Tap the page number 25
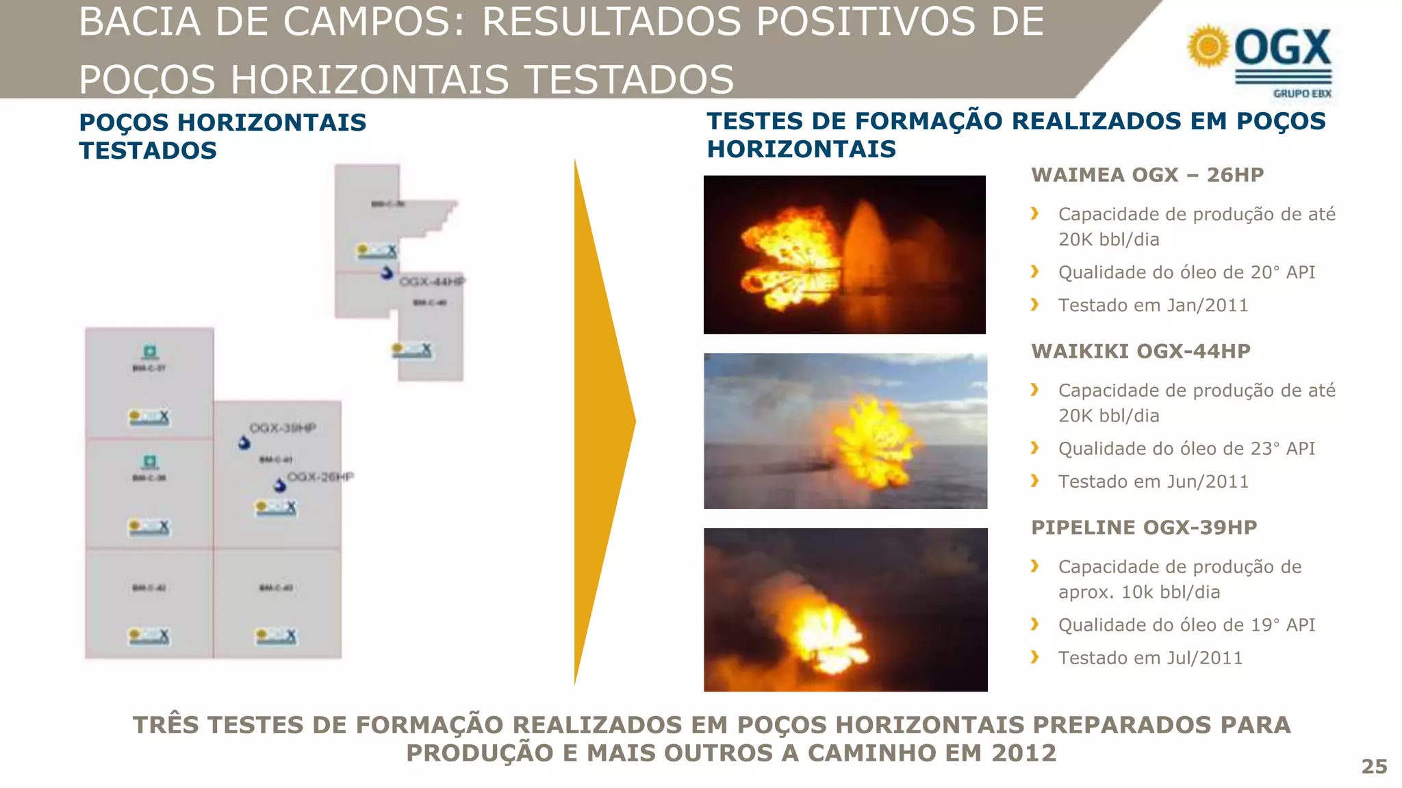(x=1374, y=766)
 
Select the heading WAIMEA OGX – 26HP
(x=1147, y=175)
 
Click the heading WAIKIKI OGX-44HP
(x=1140, y=352)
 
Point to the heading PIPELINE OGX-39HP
(x=1144, y=528)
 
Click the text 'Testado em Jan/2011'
(x=1153, y=305)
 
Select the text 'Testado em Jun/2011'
(x=1153, y=482)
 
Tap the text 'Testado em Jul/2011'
(x=1150, y=658)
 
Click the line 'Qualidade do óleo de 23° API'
(x=1186, y=449)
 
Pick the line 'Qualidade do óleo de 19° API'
(x=1186, y=625)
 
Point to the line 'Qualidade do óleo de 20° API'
(x=1186, y=272)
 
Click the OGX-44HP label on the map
(x=432, y=281)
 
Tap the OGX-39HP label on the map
(x=283, y=428)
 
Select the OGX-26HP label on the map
(x=320, y=477)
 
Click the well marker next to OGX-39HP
(x=244, y=443)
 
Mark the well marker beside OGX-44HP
(x=387, y=273)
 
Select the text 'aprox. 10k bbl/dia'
(x=1138, y=592)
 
